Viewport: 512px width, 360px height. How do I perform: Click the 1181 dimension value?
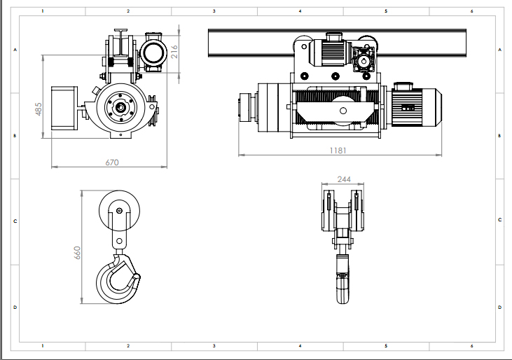tap(338, 151)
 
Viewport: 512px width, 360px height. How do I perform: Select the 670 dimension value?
tap(112, 162)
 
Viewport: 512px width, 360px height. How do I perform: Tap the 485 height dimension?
tap(39, 109)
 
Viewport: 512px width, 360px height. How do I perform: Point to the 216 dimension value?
tap(174, 52)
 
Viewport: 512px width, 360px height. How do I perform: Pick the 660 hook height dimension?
tap(77, 253)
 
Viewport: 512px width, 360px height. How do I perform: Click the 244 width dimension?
tap(344, 179)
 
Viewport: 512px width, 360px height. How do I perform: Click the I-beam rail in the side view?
tap(337, 43)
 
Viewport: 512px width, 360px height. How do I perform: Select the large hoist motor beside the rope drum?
tap(415, 104)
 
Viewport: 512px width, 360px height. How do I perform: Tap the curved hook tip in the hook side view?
tap(137, 277)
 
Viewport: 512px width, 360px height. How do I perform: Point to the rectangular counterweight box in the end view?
tap(64, 108)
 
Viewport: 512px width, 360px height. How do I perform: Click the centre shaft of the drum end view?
tap(120, 107)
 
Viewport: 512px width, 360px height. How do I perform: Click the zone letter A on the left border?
tap(15, 50)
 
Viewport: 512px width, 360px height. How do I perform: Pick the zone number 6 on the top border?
tap(471, 11)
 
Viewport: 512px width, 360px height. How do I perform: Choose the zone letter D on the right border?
tap(499, 307)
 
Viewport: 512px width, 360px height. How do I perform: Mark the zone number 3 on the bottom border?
tap(214, 345)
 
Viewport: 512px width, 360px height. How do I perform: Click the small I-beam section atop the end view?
tap(120, 44)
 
